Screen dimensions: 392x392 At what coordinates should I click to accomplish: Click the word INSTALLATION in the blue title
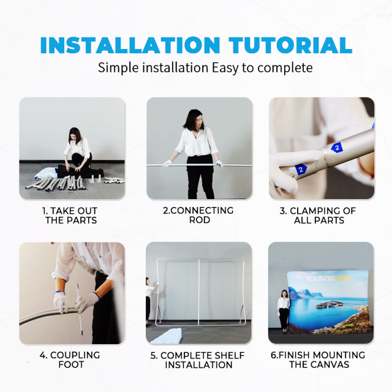130,45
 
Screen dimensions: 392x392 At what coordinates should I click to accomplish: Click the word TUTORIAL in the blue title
290,45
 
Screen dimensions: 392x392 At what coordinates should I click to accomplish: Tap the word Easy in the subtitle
225,68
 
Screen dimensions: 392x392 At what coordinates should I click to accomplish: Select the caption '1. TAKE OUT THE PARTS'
70,216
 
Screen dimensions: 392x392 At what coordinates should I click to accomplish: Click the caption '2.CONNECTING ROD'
198,215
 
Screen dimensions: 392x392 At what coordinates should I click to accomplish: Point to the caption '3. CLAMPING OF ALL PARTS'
318,216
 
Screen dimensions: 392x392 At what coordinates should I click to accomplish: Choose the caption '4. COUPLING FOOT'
70,360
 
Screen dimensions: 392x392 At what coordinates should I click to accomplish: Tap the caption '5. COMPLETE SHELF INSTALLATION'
198,360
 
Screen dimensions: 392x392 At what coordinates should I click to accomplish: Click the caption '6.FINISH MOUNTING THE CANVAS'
318,360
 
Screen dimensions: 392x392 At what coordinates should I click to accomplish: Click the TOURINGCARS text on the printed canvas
328,279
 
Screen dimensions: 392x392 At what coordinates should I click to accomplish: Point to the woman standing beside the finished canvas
284,312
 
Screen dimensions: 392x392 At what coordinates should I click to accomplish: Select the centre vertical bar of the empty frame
199,292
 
